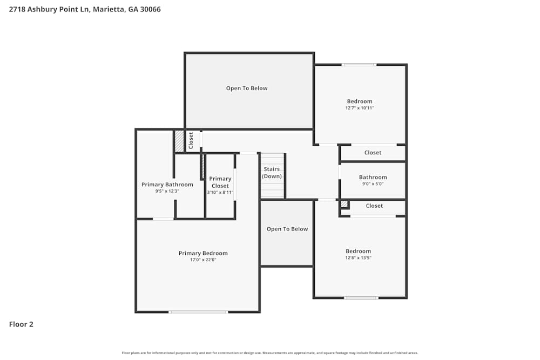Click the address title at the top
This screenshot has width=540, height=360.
pos(85,9)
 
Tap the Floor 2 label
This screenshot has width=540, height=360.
pos(21,324)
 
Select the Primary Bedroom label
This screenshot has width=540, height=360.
pos(203,253)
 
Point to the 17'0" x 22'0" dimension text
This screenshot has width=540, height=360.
pos(203,260)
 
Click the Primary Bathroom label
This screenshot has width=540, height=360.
pos(167,185)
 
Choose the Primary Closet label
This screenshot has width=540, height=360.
pos(220,182)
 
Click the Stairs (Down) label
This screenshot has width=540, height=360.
pos(272,173)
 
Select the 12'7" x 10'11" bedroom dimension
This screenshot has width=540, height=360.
pos(360,108)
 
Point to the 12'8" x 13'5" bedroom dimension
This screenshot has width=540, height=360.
pos(359,258)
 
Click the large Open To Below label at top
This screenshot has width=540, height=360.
pos(247,88)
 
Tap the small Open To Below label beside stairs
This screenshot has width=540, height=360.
pos(287,229)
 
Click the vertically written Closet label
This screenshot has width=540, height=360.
pos(191,140)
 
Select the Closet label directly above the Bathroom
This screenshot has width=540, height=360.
pos(373,153)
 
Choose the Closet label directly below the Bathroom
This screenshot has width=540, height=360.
pos(374,206)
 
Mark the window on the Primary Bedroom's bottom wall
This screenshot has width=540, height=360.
pos(198,311)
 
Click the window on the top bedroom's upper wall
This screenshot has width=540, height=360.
pos(359,65)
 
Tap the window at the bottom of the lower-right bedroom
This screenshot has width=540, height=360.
pos(361,297)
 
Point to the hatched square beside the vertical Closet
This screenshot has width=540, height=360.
pos(179,141)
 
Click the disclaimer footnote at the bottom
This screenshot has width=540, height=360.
pos(270,353)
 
